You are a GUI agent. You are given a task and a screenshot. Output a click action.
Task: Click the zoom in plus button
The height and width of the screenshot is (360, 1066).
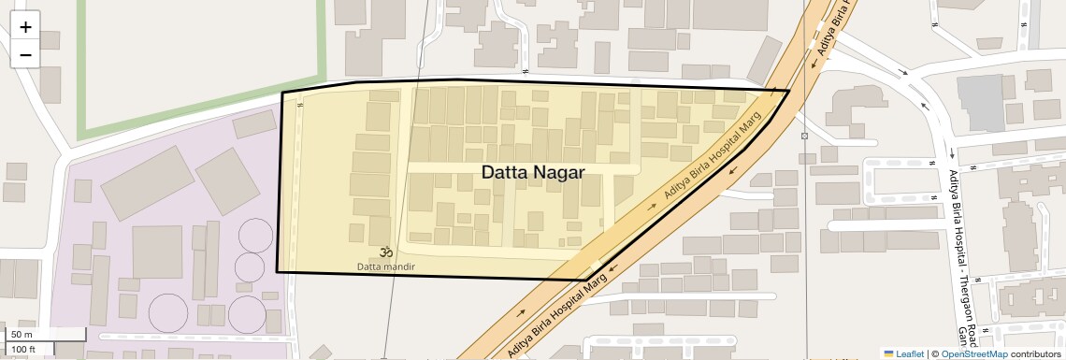tap(25, 26)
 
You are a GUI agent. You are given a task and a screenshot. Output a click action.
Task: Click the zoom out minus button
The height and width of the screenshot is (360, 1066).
tap(25, 54)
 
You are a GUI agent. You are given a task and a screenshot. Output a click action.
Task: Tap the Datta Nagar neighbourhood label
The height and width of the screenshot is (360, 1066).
tap(532, 172)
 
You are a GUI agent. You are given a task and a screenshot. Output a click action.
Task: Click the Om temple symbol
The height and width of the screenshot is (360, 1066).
tap(384, 252)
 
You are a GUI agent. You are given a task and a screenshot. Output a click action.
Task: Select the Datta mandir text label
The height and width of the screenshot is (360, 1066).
tap(385, 266)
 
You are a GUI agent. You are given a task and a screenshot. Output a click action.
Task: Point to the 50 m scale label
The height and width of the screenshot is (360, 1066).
tap(22, 335)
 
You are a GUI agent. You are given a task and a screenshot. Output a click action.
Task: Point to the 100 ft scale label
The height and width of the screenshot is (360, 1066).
tap(23, 350)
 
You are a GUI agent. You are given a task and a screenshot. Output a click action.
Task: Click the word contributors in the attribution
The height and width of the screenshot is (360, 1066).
tap(1035, 353)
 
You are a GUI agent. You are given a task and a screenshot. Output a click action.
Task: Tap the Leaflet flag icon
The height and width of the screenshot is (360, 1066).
tap(888, 353)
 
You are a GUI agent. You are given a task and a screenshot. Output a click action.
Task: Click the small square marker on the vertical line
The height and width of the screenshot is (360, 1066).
tap(803, 137)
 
